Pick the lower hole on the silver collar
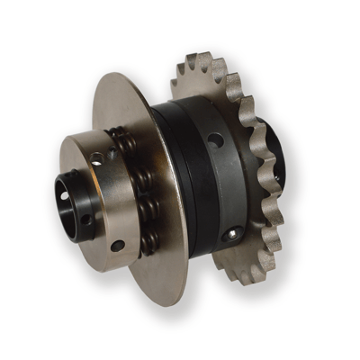[116, 244]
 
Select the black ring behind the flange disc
[180, 180]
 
